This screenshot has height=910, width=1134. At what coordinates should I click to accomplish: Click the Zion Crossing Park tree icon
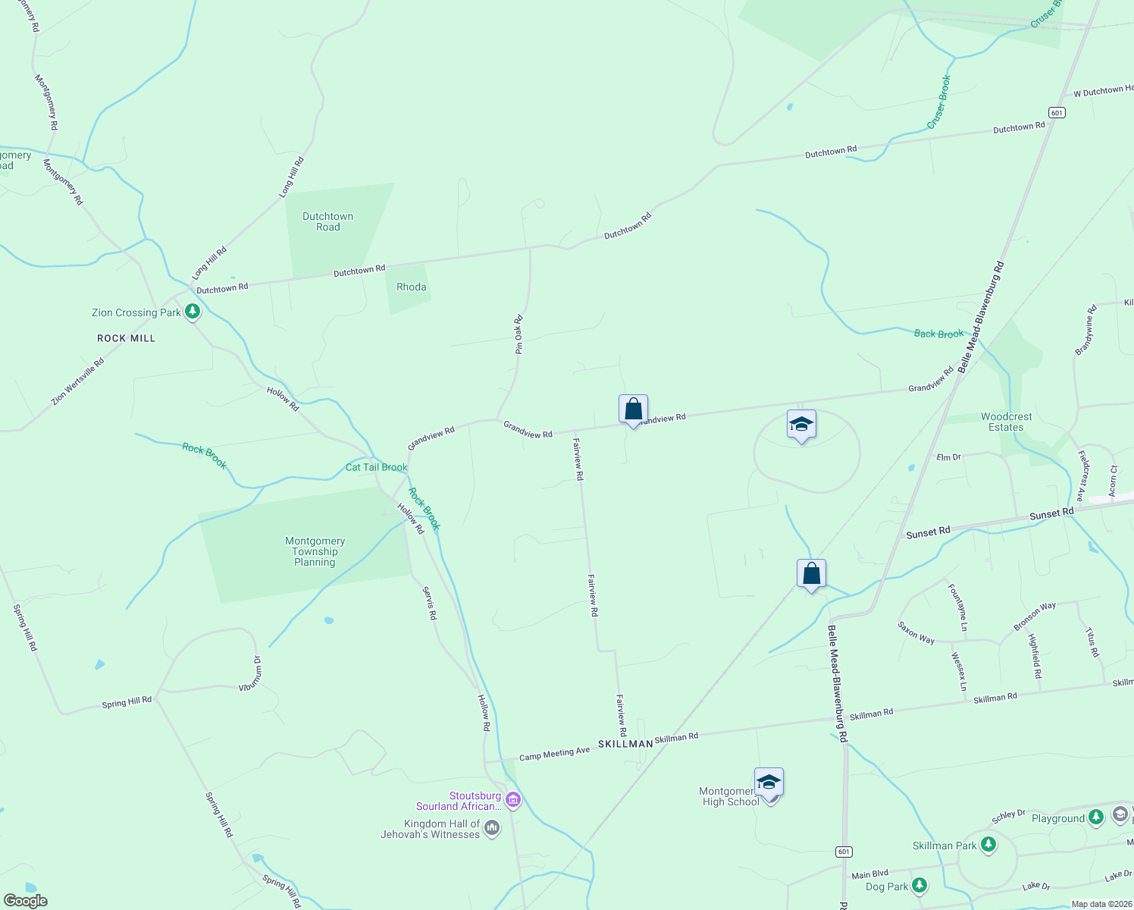(193, 311)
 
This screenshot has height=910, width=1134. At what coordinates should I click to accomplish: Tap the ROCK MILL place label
(127, 338)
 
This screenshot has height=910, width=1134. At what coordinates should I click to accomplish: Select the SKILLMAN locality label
(625, 744)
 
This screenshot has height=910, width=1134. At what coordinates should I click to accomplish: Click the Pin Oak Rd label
(519, 334)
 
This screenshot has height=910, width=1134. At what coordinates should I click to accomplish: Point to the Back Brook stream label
(938, 334)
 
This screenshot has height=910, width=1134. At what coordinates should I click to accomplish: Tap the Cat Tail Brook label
(377, 467)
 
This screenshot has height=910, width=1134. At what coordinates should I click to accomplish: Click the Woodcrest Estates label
(1006, 422)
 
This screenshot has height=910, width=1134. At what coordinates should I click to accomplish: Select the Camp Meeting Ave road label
(554, 754)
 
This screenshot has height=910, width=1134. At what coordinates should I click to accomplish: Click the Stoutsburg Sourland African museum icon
(513, 799)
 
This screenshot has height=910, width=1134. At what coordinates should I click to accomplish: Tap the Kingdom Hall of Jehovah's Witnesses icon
(492, 828)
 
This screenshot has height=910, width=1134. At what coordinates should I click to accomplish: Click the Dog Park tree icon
(919, 885)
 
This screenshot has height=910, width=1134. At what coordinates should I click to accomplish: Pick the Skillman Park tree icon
(988, 844)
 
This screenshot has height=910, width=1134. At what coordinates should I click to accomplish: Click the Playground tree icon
(1095, 817)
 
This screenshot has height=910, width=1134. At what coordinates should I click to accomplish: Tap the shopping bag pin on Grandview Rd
(633, 409)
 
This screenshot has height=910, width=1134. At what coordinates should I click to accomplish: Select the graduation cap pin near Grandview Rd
(801, 425)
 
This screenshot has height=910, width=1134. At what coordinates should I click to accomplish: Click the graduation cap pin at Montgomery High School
(769, 783)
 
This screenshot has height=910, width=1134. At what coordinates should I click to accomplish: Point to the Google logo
(26, 901)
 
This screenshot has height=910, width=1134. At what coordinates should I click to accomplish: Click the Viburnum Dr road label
(250, 673)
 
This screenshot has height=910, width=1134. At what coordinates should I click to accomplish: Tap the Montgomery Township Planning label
(315, 551)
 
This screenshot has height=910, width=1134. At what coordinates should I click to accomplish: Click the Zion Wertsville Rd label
(77, 381)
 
